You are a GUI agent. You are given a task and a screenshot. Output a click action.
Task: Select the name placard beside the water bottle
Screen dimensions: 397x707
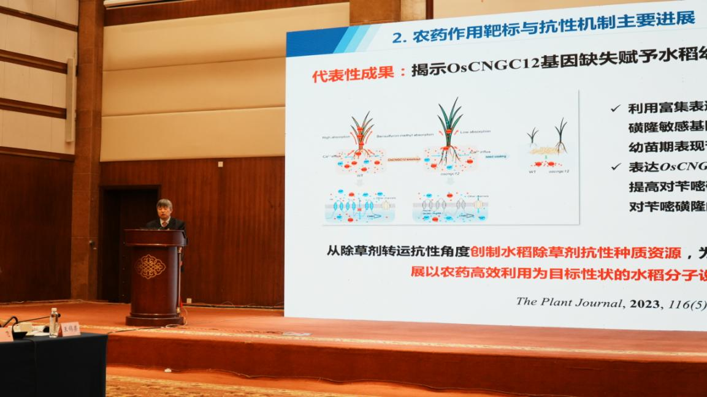[69, 329]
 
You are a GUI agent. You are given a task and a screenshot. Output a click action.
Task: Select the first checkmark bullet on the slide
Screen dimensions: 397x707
[615, 108]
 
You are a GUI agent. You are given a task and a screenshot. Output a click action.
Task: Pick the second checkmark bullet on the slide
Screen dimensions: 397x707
[615, 167]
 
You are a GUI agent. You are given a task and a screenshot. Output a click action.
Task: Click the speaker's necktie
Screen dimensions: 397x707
[164, 224]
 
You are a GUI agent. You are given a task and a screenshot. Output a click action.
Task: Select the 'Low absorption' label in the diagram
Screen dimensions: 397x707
[477, 131]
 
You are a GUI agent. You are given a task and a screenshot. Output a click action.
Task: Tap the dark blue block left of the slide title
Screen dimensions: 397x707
[310, 43]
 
